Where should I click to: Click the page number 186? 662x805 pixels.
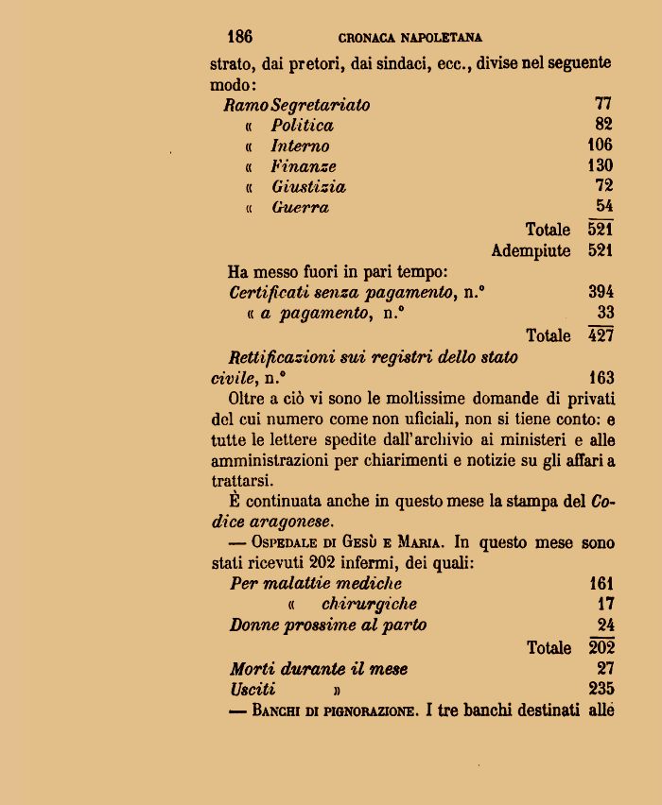239,37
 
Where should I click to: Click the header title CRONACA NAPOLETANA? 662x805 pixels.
410,38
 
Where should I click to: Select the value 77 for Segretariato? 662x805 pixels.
603,104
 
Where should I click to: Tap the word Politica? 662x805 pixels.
302,125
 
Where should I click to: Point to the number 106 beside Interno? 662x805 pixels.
600,145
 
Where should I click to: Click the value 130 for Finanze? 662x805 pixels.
600,165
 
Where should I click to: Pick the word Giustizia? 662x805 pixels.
308,187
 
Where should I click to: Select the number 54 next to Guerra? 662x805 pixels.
604,206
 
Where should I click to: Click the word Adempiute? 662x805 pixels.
531,251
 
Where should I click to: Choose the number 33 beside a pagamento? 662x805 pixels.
605,313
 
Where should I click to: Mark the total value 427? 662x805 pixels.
601,335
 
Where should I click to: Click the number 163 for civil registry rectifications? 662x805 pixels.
601,378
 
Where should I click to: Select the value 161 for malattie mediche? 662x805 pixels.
601,584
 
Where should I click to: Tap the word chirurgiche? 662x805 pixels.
369,604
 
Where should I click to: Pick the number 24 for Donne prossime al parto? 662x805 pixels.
605,625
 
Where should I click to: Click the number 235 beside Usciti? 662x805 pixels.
601,689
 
